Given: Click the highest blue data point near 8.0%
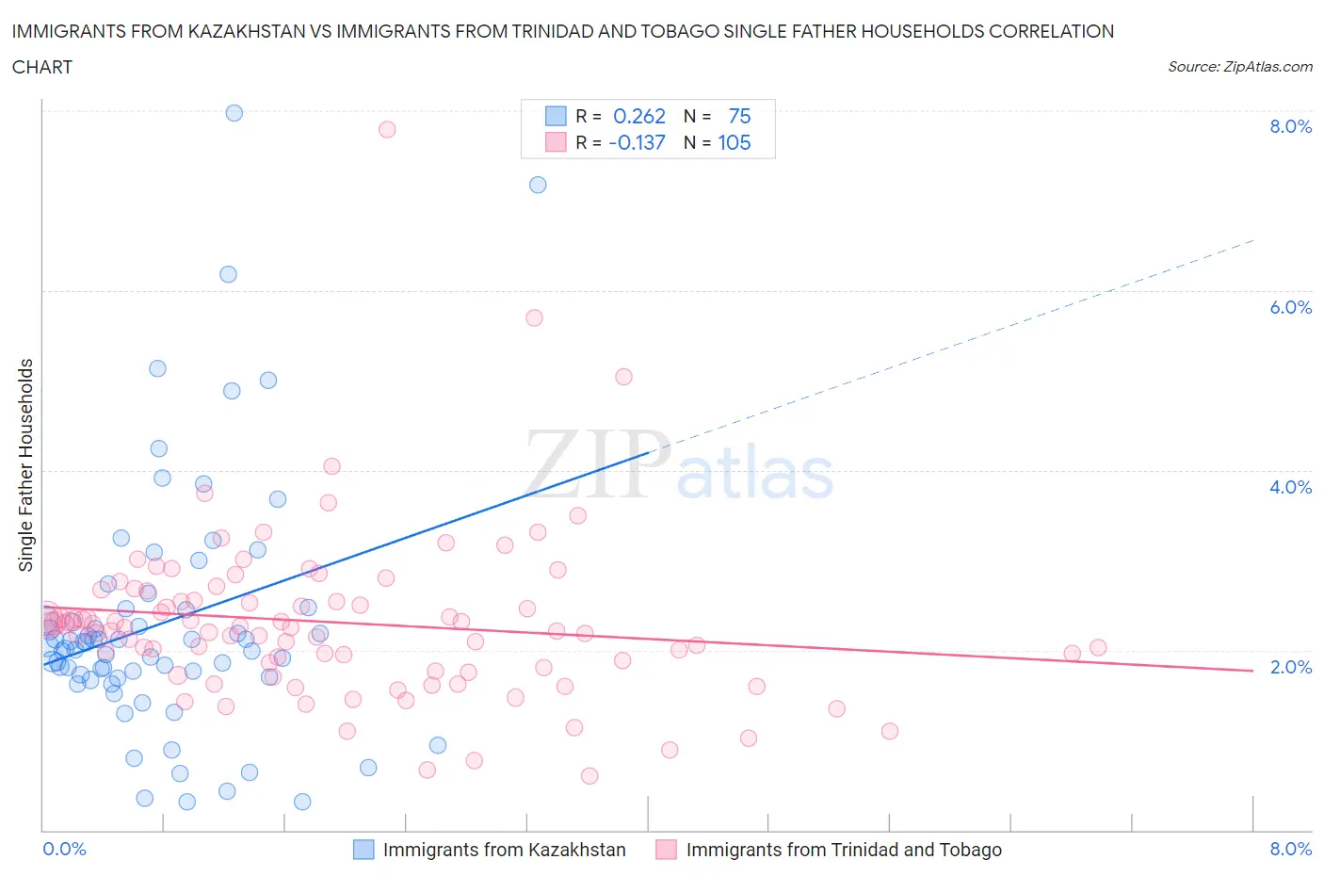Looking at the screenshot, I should [x=234, y=113].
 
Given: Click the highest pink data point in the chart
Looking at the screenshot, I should [x=387, y=129].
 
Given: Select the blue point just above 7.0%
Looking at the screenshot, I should [x=538, y=185].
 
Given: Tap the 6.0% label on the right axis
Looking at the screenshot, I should [x=1290, y=307].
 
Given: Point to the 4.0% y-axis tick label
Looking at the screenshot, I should [x=1290, y=487].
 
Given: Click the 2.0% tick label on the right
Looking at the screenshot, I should [x=1290, y=667].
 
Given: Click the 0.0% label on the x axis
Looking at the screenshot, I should [x=64, y=849].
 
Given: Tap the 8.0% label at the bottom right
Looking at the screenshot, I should [x=1290, y=849].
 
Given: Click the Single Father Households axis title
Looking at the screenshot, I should [x=26, y=465].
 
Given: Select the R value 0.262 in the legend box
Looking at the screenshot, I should [x=639, y=116].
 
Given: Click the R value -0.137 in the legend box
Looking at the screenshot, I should [x=637, y=142].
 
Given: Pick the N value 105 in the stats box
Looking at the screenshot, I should [x=735, y=142].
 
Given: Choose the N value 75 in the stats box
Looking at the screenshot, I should [x=739, y=116].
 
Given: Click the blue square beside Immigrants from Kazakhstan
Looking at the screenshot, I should [x=363, y=850].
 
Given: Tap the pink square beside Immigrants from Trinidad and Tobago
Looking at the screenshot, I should [x=667, y=850].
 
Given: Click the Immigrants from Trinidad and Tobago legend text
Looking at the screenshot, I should [x=844, y=850].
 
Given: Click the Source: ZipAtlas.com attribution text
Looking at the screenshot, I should [x=1239, y=66].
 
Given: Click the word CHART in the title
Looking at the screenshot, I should [x=42, y=67].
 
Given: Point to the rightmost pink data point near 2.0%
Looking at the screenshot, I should [x=1098, y=647].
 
